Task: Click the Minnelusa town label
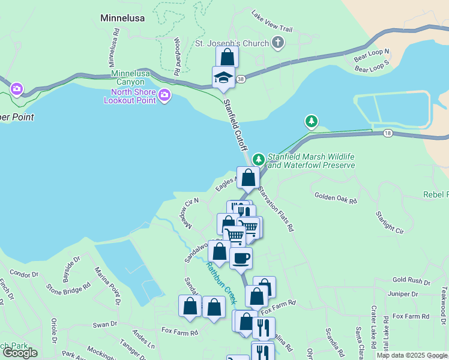[x=122, y=18]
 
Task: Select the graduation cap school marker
[x=223, y=77]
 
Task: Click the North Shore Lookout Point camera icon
[x=164, y=95]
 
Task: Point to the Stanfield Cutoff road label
[x=236, y=127]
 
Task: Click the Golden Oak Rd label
[x=336, y=197]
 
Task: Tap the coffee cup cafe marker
[x=241, y=258]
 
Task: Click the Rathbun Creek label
[x=221, y=282]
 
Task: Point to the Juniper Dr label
[x=402, y=294]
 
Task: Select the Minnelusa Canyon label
[x=128, y=78]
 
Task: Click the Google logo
[x=20, y=353]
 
